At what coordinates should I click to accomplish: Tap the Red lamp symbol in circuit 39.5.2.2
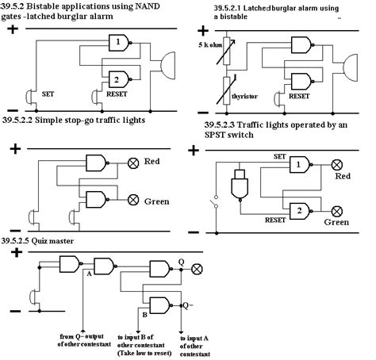click(132, 165)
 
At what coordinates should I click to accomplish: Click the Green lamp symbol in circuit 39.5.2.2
click(132, 200)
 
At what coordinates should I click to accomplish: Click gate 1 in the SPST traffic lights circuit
click(299, 164)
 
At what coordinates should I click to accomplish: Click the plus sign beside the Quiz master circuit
click(13, 253)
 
